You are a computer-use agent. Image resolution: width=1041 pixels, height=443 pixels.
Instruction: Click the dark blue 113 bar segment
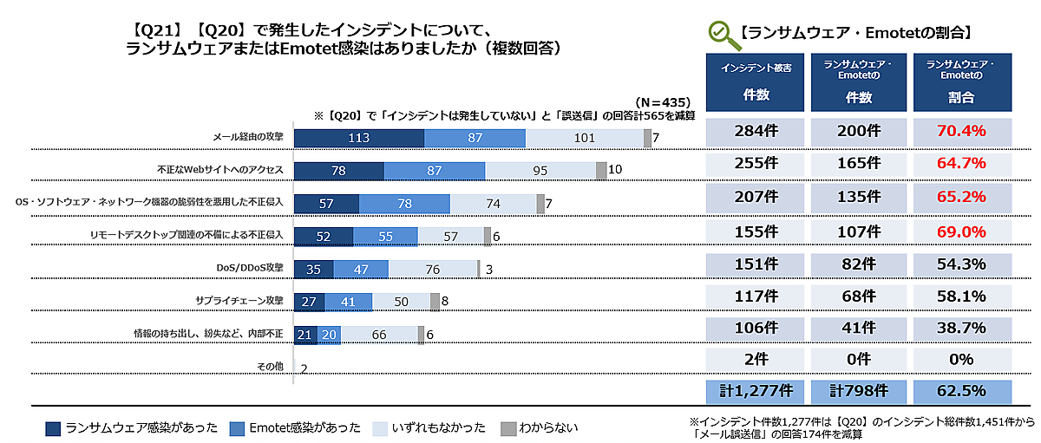359,138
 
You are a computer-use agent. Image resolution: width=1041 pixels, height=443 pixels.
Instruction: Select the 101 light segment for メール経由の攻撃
584,138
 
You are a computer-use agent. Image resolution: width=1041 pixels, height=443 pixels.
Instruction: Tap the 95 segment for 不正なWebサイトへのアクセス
540,171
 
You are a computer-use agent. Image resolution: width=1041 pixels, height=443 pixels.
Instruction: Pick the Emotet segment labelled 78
404,204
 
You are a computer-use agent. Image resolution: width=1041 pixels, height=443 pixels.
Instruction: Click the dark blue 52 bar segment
324,236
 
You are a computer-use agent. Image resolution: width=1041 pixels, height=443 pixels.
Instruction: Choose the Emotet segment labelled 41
349,302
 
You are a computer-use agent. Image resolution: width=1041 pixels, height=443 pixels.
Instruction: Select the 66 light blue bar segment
379,335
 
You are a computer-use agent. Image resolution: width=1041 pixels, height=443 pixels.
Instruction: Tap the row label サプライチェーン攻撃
239,301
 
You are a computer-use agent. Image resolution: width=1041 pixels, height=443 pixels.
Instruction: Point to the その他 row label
271,367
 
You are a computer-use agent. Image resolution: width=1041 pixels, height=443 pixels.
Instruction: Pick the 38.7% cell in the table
962,329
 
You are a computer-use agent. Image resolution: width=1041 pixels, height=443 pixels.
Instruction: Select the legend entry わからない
539,428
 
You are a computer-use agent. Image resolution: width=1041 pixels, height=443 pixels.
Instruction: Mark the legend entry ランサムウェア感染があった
129,428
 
